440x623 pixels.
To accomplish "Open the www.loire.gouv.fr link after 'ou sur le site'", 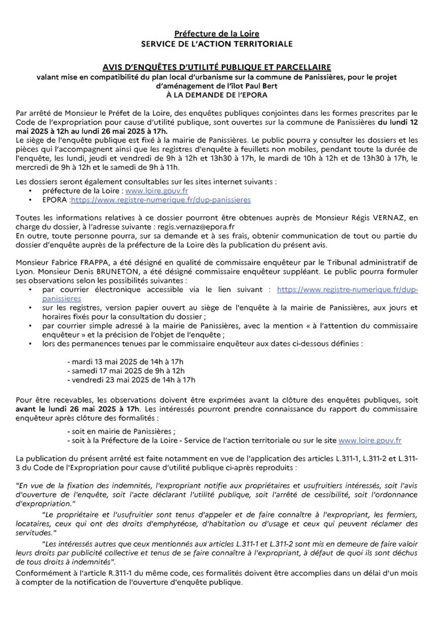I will click(370, 440).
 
